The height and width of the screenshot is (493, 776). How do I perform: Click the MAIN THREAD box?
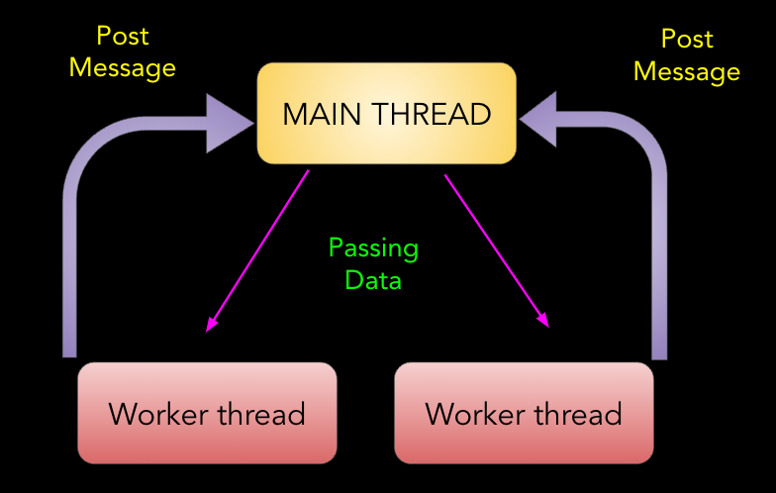pos(386,113)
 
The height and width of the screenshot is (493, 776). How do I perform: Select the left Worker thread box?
pos(207,412)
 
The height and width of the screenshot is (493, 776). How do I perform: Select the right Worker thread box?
pos(524,412)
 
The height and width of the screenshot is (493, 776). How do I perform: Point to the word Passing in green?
pos(373,247)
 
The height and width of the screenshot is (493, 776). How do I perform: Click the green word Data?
pos(373,280)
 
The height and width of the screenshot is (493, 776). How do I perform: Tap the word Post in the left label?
pos(123,37)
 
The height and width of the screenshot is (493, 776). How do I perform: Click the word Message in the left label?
pos(123,67)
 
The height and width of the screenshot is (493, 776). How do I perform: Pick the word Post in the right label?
pos(687,40)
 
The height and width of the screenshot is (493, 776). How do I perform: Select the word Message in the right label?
pos(687,71)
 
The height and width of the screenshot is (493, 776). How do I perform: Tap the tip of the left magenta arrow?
pos(208,331)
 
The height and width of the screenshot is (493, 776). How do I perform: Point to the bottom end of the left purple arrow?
pos(69,350)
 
